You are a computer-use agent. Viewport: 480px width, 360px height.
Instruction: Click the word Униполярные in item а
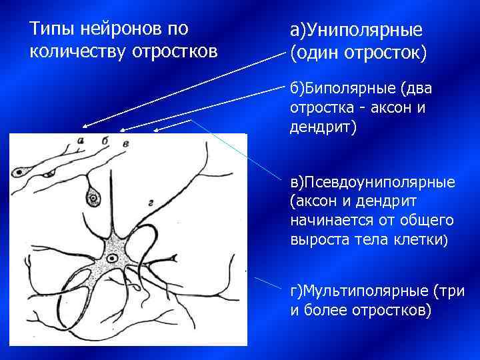(359, 31)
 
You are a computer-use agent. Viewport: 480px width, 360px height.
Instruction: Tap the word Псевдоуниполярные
(373, 182)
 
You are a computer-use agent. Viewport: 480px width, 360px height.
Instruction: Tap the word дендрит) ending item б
(323, 127)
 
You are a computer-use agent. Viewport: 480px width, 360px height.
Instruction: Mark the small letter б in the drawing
(105, 141)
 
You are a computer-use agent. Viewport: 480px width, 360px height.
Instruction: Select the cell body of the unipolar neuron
(21, 172)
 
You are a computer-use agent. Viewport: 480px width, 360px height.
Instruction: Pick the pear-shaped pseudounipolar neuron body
(92, 197)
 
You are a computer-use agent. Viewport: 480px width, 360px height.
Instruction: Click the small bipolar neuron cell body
(47, 174)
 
